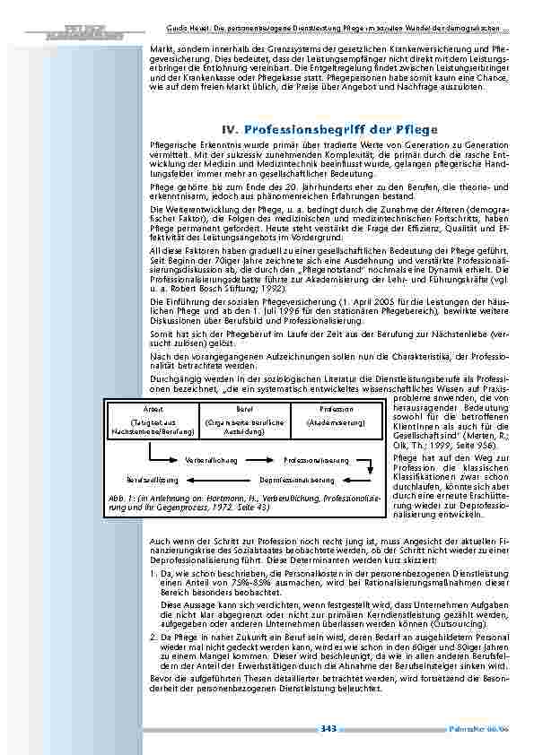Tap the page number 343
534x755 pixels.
coord(328,729)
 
